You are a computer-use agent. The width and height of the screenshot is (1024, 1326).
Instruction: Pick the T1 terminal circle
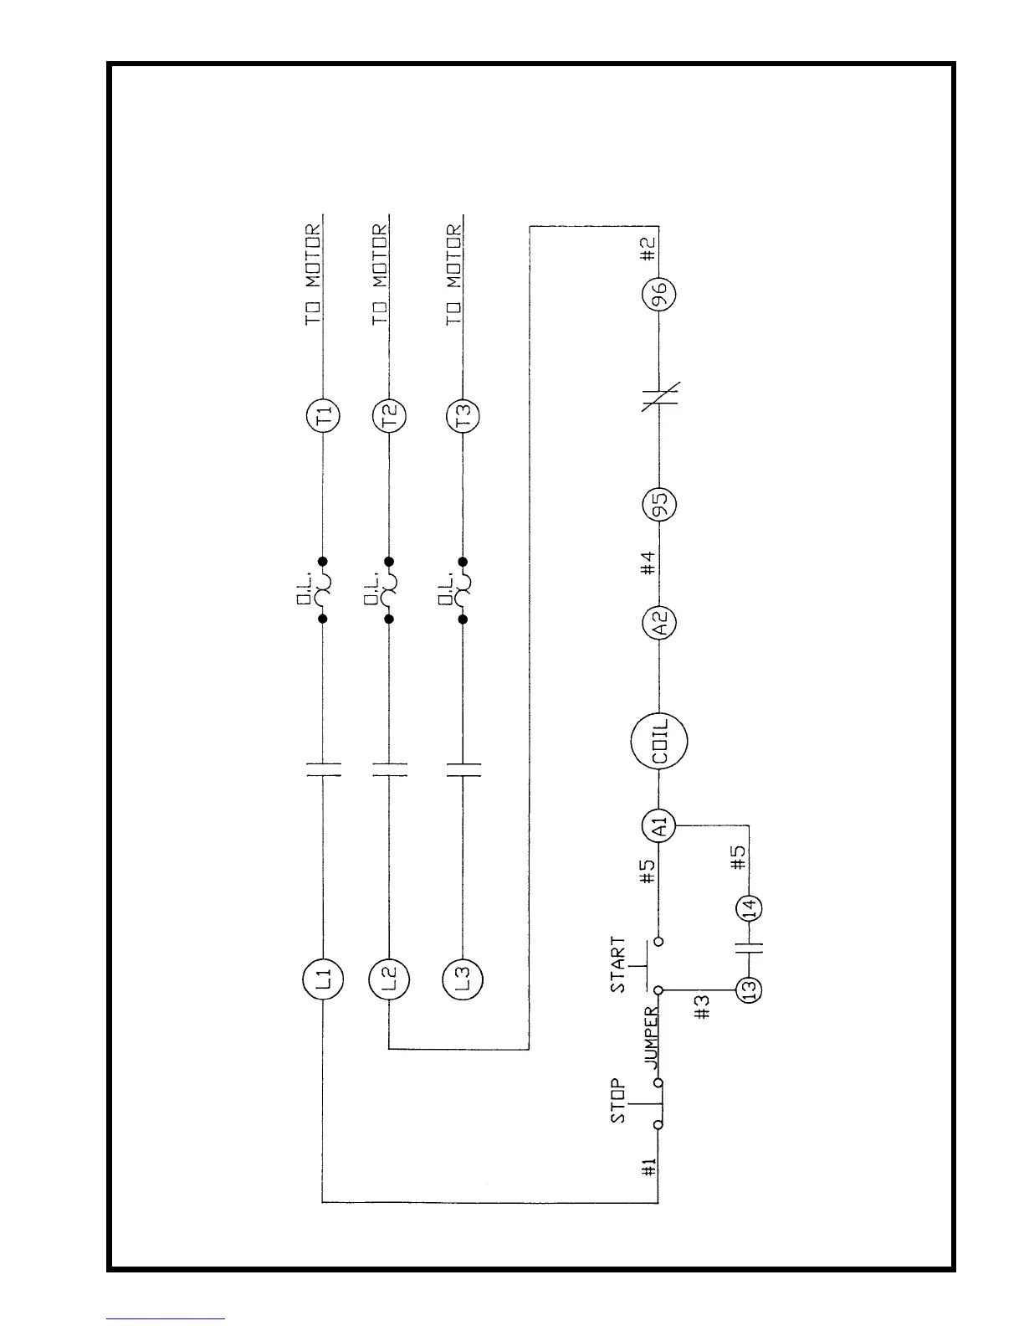pos(323,415)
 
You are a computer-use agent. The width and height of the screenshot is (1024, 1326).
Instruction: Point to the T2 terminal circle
pos(389,415)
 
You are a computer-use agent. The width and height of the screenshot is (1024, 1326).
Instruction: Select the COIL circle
pos(659,741)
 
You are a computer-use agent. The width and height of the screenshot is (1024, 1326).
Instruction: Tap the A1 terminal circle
pos(659,828)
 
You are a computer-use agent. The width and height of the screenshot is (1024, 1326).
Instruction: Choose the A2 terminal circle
pos(659,623)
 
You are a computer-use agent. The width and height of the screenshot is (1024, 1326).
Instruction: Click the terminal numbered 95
pos(659,506)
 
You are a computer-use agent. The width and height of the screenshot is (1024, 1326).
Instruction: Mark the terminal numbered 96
pos(659,295)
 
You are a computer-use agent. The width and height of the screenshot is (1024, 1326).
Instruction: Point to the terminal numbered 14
pos(749,908)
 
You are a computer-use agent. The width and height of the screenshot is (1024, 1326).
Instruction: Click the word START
pos(618,965)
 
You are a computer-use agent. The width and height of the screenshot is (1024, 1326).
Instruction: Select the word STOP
pos(618,1102)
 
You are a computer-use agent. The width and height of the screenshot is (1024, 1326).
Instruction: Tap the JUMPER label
pos(652,1038)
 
